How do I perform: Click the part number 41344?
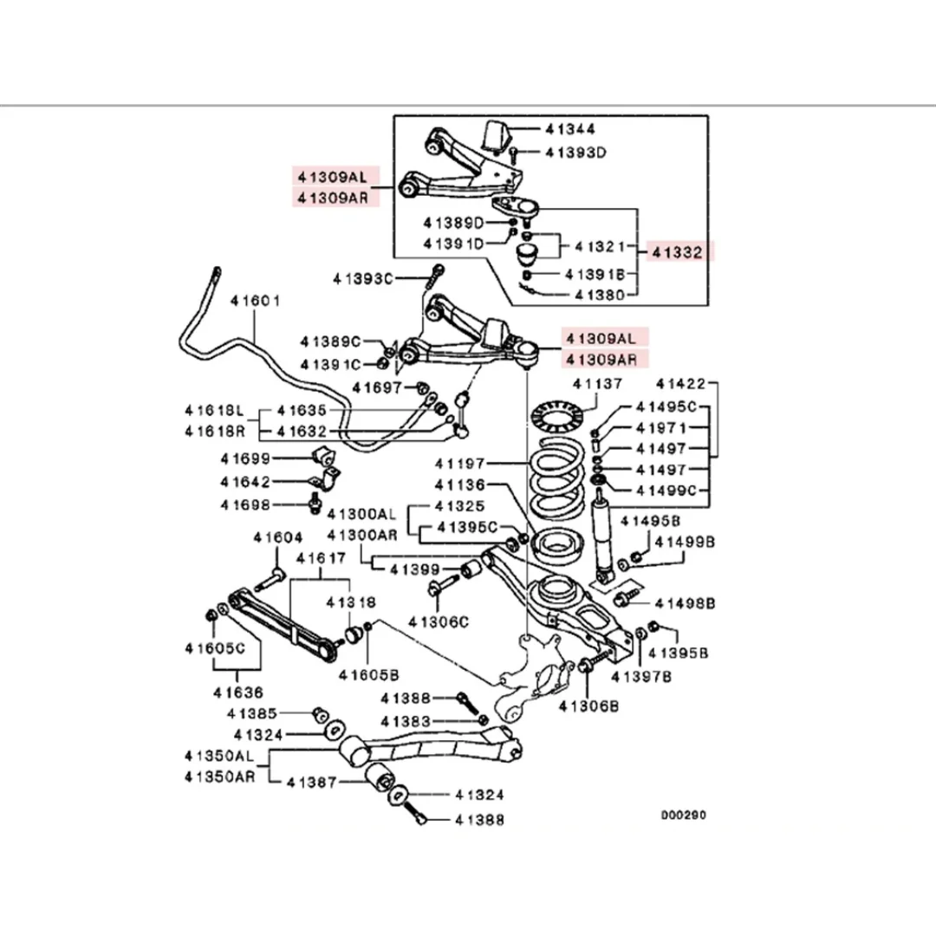[570, 129]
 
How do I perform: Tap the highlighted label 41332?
[677, 252]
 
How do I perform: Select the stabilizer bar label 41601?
[255, 301]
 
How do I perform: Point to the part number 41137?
[597, 384]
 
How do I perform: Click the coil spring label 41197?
[459, 464]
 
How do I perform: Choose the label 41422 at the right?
[680, 384]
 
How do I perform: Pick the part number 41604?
[277, 538]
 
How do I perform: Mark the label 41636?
[238, 693]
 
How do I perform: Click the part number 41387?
[312, 782]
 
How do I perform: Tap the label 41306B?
[588, 707]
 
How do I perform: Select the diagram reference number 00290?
[684, 815]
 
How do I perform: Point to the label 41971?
[661, 428]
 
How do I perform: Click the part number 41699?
[245, 459]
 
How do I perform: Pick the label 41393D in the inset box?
[575, 153]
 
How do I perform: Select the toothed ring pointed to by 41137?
[556, 415]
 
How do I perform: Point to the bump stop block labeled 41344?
[495, 137]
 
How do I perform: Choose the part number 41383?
[406, 722]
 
